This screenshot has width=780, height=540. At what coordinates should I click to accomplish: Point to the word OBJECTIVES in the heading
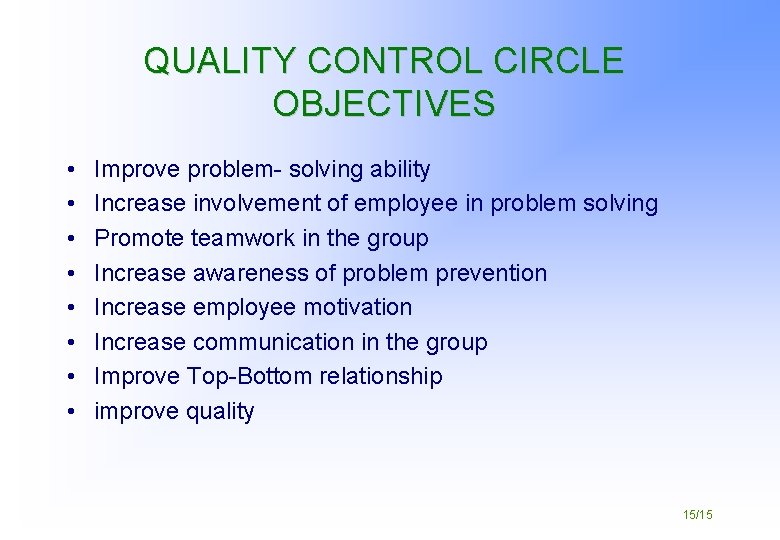coord(384,104)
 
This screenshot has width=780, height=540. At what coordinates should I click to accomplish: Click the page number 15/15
coord(697,514)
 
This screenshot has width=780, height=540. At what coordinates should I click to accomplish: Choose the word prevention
coord(490,273)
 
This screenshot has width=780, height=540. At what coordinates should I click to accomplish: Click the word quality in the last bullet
coord(220,412)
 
